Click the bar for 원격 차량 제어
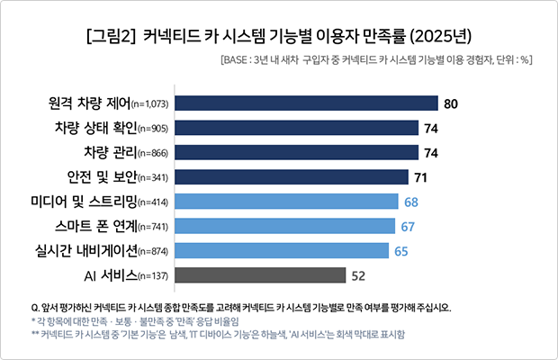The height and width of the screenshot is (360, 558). coord(305,103)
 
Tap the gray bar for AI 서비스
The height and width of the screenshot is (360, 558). coord(259,274)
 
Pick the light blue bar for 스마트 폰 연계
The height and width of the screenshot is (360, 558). coord(284,225)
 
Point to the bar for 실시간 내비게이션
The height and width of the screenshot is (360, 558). coord(281,249)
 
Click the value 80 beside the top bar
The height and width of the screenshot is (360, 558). coord(452,103)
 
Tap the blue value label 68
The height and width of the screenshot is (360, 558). coord(411,200)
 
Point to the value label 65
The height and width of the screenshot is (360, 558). coord(402,249)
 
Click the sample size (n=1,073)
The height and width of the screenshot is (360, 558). coord(150,105)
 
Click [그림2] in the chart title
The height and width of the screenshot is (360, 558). coord(110,38)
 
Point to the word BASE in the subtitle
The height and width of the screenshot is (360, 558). coord(238,62)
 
